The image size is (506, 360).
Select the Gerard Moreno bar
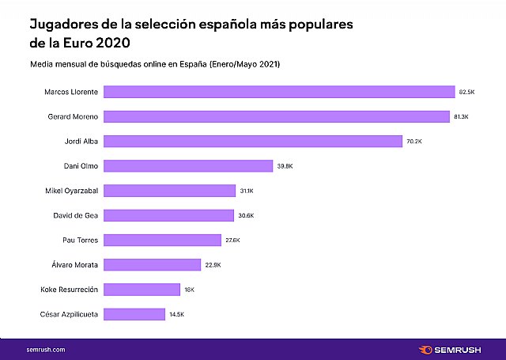(277, 116)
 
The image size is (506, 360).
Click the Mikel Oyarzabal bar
(169, 191)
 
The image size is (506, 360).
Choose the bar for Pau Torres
(162, 240)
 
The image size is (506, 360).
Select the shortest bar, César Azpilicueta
(134, 314)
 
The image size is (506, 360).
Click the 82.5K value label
(467, 92)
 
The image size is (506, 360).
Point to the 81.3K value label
(463, 117)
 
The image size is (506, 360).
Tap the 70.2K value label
(415, 142)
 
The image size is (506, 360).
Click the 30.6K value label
(246, 215)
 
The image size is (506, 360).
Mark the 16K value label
(189, 290)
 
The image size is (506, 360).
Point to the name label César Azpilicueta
(69, 314)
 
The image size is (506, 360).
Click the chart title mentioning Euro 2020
(191, 33)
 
